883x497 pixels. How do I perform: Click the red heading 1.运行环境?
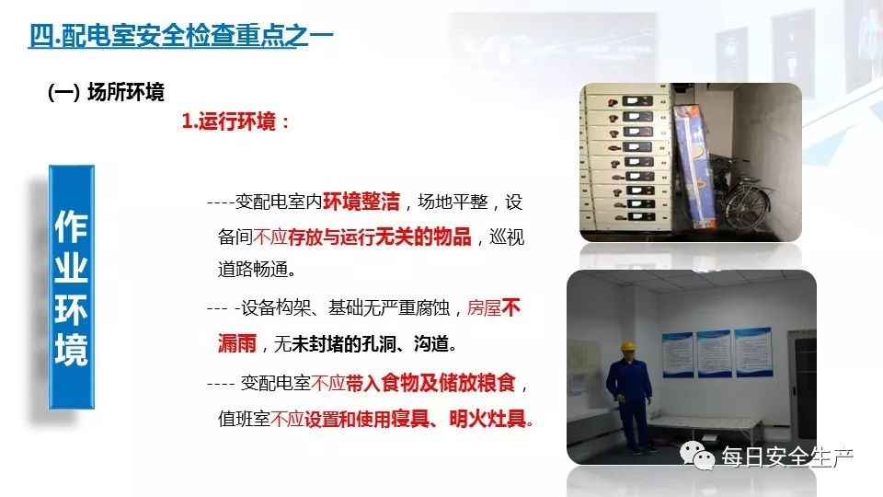click(x=235, y=121)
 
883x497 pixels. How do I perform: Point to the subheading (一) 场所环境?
click(x=106, y=92)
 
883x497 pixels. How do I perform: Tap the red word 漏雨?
click(x=238, y=344)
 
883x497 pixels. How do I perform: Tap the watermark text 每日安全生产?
click(x=787, y=457)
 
